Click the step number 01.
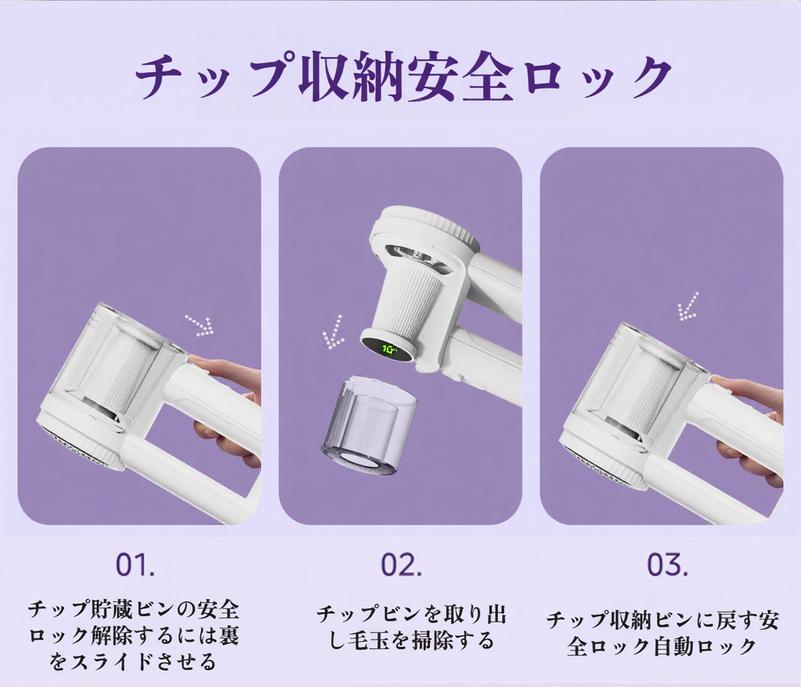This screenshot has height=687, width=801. (x=135, y=565)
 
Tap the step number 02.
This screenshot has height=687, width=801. (x=400, y=565)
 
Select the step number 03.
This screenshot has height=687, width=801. (x=667, y=565)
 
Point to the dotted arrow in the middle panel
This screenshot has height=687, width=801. (x=333, y=332)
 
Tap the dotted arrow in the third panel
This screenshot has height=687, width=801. (x=688, y=306)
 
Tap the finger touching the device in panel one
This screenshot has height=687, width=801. (x=215, y=366)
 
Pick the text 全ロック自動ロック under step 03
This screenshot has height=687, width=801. (x=662, y=647)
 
